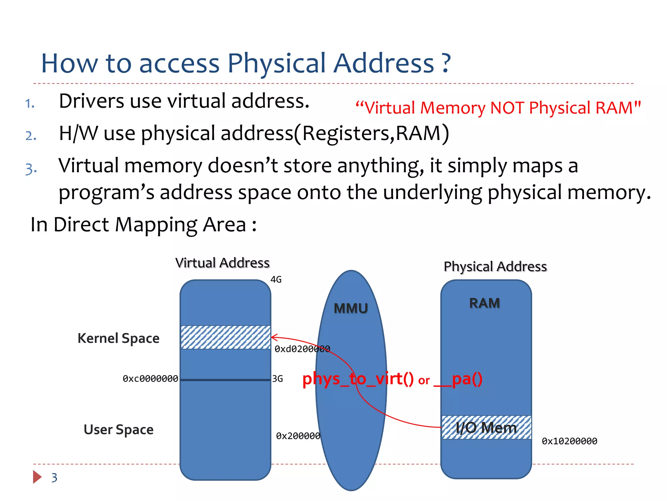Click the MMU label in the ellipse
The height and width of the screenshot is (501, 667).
(351, 308)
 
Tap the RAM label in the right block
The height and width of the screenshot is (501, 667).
(484, 303)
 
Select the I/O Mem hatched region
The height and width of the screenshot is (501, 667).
(486, 427)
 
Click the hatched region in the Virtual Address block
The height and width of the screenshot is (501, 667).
(225, 337)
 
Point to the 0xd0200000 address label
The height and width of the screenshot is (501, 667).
(302, 349)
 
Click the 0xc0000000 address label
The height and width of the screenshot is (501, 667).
(150, 379)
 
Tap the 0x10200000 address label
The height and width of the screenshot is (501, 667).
(569, 441)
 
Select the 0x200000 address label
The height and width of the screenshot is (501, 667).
(298, 436)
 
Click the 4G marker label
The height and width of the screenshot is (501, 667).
(276, 280)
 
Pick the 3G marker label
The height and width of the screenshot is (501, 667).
(277, 379)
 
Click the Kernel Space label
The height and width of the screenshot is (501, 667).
(119, 338)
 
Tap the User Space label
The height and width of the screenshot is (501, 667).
(119, 430)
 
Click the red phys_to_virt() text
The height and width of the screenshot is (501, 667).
(358, 379)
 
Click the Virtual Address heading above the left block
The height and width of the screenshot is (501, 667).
(222, 263)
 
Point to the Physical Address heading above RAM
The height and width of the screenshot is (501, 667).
(495, 266)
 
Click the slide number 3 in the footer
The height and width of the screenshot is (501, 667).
(54, 478)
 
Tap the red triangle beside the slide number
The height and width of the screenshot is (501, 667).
(37, 477)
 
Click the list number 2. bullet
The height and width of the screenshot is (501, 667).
(31, 136)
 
